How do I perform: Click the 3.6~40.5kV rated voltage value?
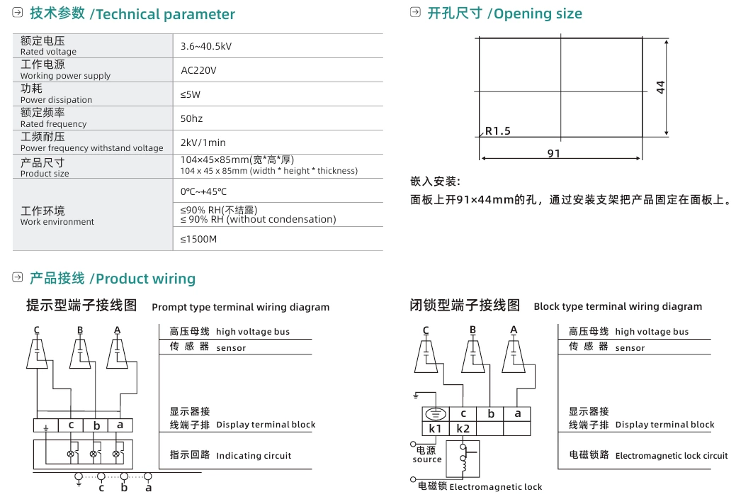205,46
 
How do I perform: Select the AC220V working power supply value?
198,70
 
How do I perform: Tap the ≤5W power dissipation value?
191,94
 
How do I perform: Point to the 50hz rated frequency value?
191,118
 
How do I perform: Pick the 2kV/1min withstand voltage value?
203,143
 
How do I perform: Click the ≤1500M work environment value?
198,239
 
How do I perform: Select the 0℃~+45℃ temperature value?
203,191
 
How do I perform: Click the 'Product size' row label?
45,174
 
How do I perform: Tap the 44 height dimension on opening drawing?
660,87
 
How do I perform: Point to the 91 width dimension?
554,153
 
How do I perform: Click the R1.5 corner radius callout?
497,131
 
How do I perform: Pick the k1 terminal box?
435,428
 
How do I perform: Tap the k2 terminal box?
463,428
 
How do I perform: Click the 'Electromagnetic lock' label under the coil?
495,487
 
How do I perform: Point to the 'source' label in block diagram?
427,459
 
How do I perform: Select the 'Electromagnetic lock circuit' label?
671,456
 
